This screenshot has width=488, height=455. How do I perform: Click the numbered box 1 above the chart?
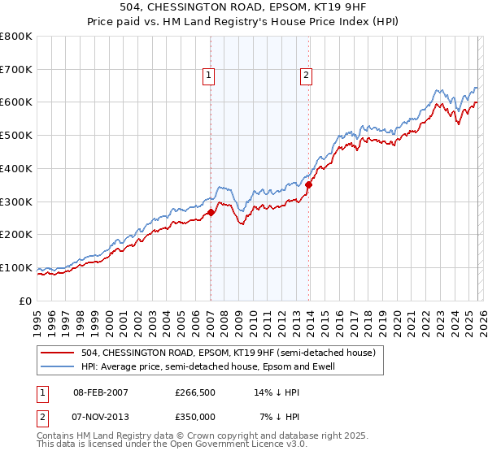[x=209, y=76]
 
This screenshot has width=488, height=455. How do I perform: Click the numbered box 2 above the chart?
[x=307, y=76]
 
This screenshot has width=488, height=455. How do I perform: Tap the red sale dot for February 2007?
[x=211, y=213]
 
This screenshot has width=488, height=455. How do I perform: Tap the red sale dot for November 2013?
[x=308, y=185]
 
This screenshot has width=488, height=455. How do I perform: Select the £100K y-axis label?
[x=16, y=267]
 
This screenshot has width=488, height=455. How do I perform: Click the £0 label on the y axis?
[x=26, y=301]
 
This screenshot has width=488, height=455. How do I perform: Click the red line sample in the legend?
[x=57, y=353]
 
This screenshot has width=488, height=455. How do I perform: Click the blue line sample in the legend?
[x=57, y=366]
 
